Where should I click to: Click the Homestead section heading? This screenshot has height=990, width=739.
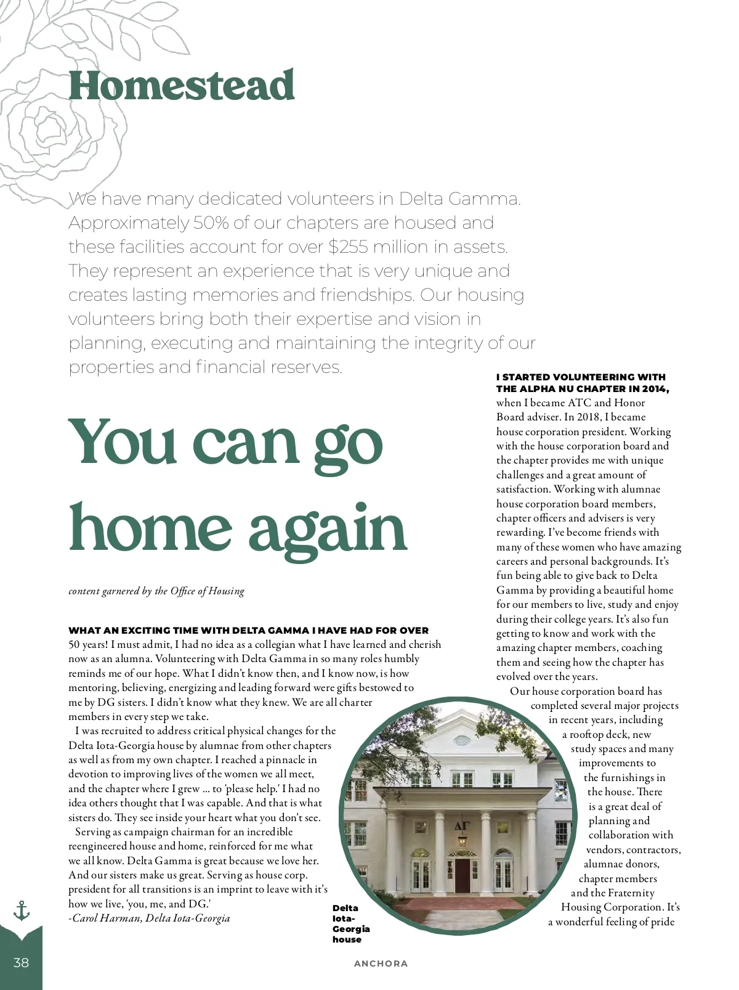[181, 86]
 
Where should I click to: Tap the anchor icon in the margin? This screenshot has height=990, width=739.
[22, 910]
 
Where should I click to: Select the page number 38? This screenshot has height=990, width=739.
[21, 962]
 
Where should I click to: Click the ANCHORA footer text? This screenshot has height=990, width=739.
[381, 963]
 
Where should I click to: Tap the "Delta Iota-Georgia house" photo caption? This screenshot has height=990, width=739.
[351, 923]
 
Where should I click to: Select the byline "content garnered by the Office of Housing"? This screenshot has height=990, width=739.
[156, 591]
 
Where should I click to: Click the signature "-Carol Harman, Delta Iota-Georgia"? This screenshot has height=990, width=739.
[149, 918]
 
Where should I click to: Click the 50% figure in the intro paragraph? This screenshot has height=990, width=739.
[211, 223]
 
